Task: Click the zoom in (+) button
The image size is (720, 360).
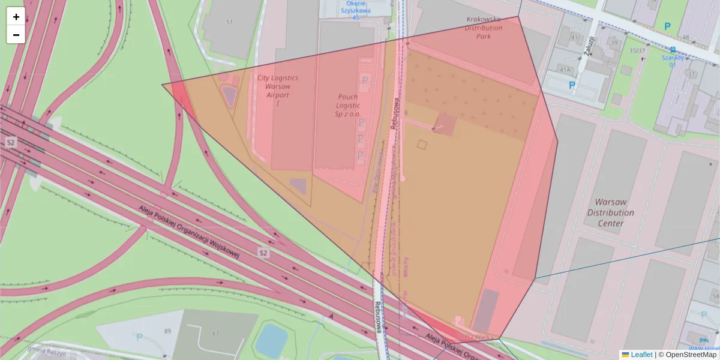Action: coord(16,17)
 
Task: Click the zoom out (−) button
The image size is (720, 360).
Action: coord(16,35)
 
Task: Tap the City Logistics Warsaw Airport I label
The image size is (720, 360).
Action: coord(277,91)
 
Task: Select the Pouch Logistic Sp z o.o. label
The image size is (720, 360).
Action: coord(348,106)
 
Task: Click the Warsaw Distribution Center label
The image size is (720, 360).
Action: coord(610,212)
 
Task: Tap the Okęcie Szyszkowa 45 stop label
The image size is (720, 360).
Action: coord(356,10)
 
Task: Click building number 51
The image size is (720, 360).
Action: coord(229,22)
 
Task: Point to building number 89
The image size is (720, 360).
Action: coord(167,331)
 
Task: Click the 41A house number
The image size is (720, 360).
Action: coord(565,70)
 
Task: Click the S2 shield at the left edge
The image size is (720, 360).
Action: coord(10,142)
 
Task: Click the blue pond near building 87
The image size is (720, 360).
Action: coord(272,339)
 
